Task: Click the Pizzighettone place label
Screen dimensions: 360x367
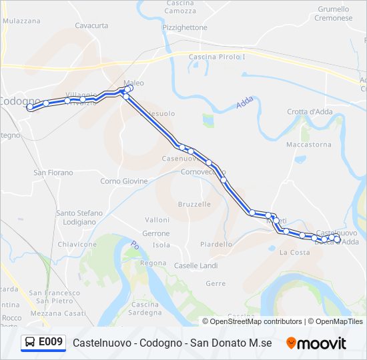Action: (x=185, y=27)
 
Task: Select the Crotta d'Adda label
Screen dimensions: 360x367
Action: (x=310, y=111)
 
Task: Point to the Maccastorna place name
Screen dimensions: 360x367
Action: (x=308, y=144)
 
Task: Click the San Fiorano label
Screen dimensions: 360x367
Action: (x=53, y=172)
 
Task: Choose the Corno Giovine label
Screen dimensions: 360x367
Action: (x=124, y=181)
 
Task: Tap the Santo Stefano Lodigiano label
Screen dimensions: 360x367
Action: (x=79, y=217)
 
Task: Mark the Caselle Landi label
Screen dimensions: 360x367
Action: (x=196, y=265)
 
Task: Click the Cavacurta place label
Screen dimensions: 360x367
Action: (x=91, y=25)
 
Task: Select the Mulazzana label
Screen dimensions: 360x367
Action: (x=21, y=21)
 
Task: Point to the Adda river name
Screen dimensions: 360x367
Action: (x=244, y=103)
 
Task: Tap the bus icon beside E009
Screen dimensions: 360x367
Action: (x=30, y=343)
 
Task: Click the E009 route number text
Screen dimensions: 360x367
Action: (x=51, y=343)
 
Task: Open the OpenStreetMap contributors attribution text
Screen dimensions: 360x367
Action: (x=256, y=321)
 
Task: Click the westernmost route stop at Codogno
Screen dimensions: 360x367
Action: (x=29, y=107)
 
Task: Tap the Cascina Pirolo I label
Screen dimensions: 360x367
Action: (x=218, y=57)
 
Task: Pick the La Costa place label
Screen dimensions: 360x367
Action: (x=294, y=252)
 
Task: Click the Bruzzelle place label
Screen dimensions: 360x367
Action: (x=195, y=204)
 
